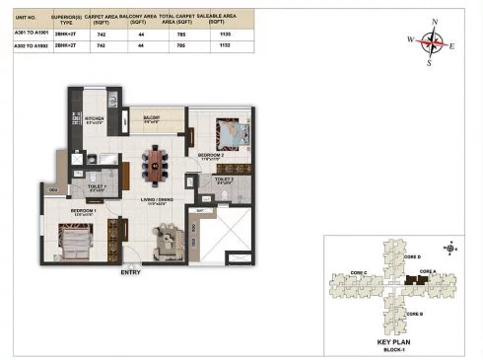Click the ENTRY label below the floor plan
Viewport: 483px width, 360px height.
point(129,271)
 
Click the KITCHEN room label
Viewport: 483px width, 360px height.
point(94,120)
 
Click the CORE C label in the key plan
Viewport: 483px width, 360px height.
point(358,272)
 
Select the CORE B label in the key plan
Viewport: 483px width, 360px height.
point(413,314)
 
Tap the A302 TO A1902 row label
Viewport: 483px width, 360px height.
point(26,45)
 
